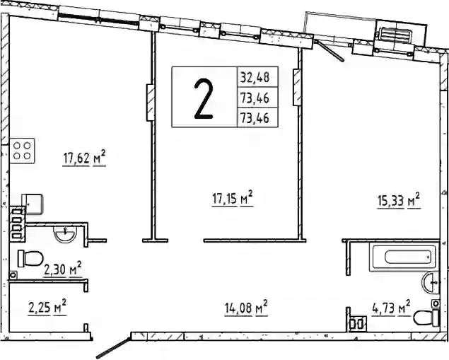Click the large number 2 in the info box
click(204, 98)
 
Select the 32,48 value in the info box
click(255, 77)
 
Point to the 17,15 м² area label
click(232, 198)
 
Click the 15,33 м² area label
click(399, 201)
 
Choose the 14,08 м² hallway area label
click(246, 308)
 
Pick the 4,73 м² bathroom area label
click(391, 308)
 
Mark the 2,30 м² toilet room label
click(63, 269)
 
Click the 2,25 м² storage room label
click(47, 307)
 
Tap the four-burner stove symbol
click(22, 151)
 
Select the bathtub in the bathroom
click(404, 257)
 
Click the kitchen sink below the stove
click(32, 204)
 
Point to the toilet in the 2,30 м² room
click(30, 259)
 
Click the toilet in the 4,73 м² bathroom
click(426, 318)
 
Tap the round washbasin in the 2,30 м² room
click(65, 234)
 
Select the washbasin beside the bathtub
click(431, 282)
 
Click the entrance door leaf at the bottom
click(113, 348)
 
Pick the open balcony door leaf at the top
click(330, 51)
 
